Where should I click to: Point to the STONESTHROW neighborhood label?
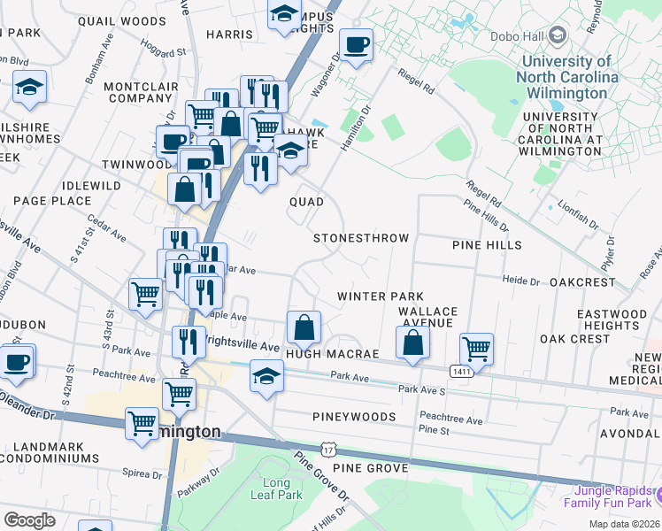tap(361, 239)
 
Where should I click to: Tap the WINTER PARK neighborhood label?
tap(381, 296)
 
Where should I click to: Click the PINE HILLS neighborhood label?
tap(487, 245)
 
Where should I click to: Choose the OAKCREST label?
tap(581, 282)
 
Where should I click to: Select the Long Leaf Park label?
tap(282, 489)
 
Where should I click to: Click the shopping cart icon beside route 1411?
tap(477, 348)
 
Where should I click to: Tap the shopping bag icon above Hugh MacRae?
tap(304, 326)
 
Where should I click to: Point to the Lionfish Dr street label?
tap(579, 215)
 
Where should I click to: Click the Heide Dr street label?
tap(520, 281)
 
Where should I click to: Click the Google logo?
tap(29, 520)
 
